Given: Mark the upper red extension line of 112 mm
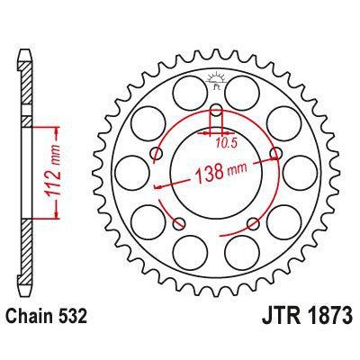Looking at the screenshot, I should (45, 121).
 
